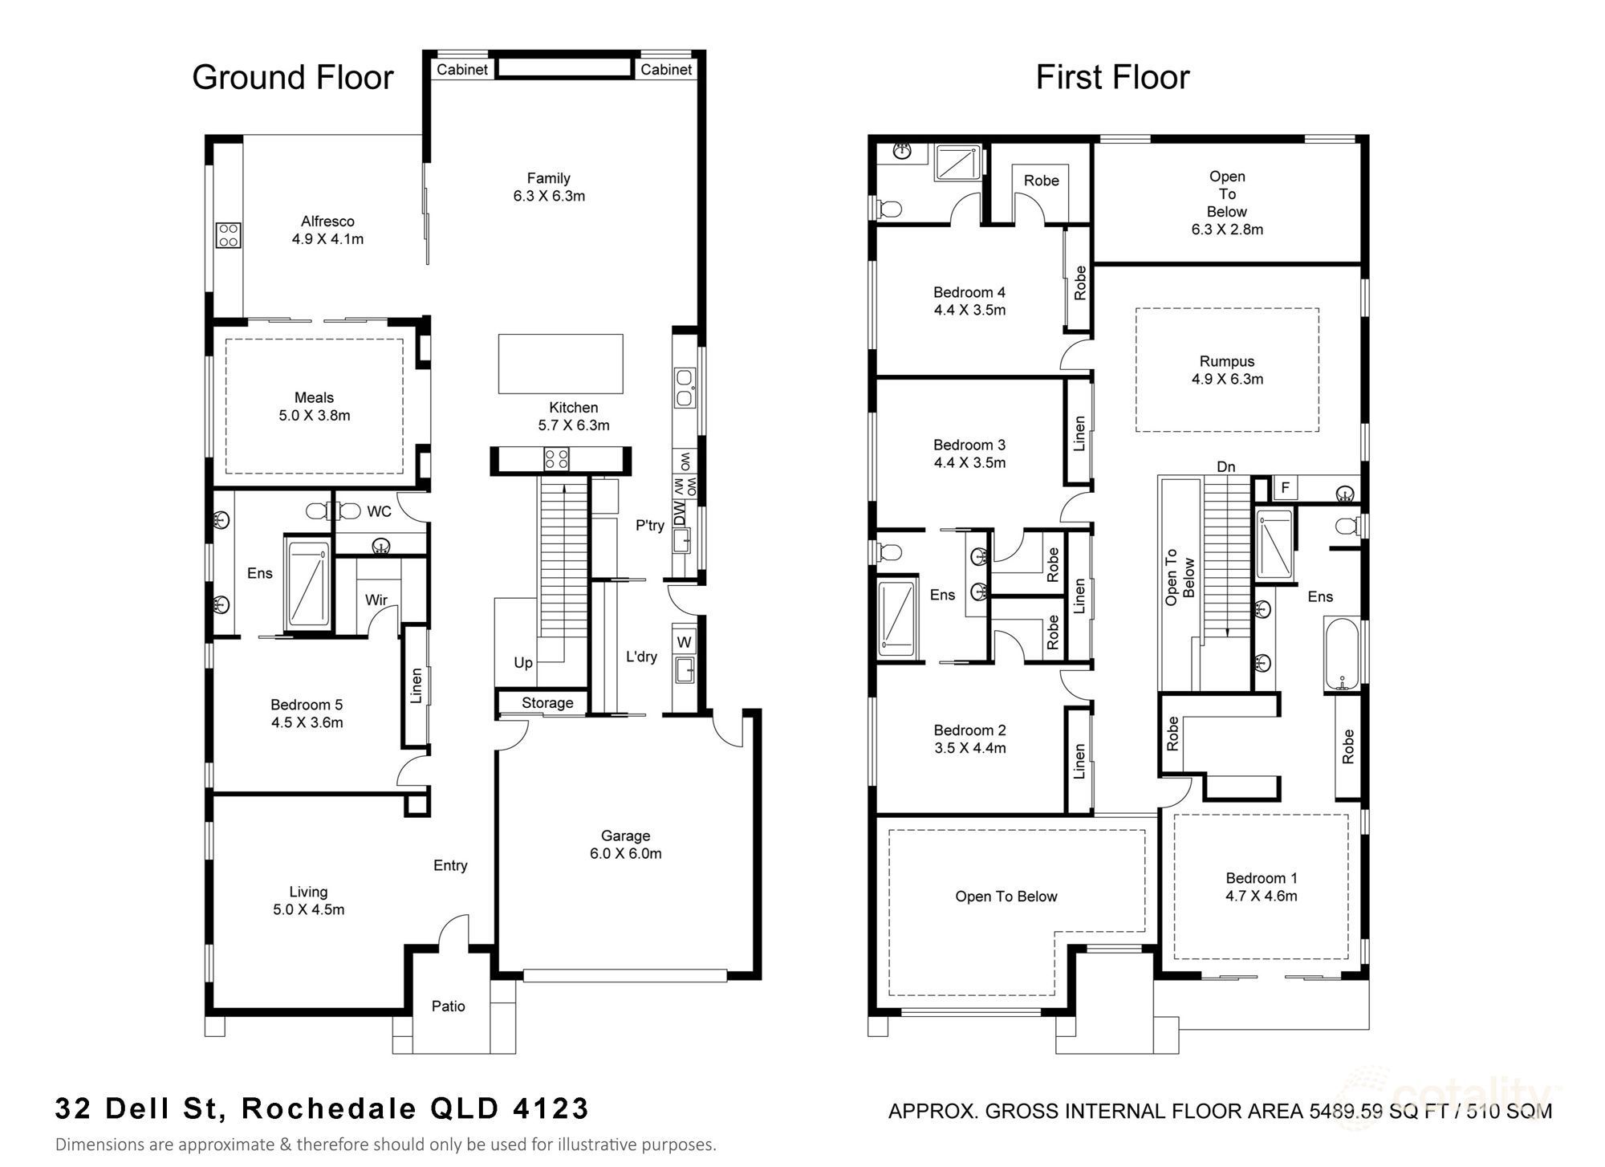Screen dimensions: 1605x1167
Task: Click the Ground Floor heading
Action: [293, 78]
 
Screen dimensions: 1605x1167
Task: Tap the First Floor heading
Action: [1112, 78]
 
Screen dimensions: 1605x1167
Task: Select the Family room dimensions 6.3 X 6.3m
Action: [549, 196]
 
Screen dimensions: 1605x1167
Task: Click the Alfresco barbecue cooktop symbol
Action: [228, 234]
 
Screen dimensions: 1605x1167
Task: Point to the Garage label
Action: [625, 836]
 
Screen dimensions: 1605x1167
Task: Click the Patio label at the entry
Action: [448, 1006]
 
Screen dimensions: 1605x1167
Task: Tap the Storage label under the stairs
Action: [547, 703]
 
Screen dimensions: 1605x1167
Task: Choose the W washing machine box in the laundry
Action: [685, 642]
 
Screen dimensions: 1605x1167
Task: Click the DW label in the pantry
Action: [680, 513]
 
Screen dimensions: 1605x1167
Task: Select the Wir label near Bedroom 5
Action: [376, 600]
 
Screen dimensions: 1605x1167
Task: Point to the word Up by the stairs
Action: [523, 662]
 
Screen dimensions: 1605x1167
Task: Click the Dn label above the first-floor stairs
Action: [1225, 466]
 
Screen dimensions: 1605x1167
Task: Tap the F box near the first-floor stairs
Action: [1285, 488]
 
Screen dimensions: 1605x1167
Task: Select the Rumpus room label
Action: [1227, 361]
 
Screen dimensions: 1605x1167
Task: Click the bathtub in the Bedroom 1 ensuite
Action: [1343, 655]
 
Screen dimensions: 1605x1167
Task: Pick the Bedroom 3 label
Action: [969, 445]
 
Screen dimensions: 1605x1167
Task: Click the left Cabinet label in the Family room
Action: [462, 70]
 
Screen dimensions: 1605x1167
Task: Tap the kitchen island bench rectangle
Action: [561, 364]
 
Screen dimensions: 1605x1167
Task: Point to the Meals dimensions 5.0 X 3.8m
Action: [315, 416]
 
